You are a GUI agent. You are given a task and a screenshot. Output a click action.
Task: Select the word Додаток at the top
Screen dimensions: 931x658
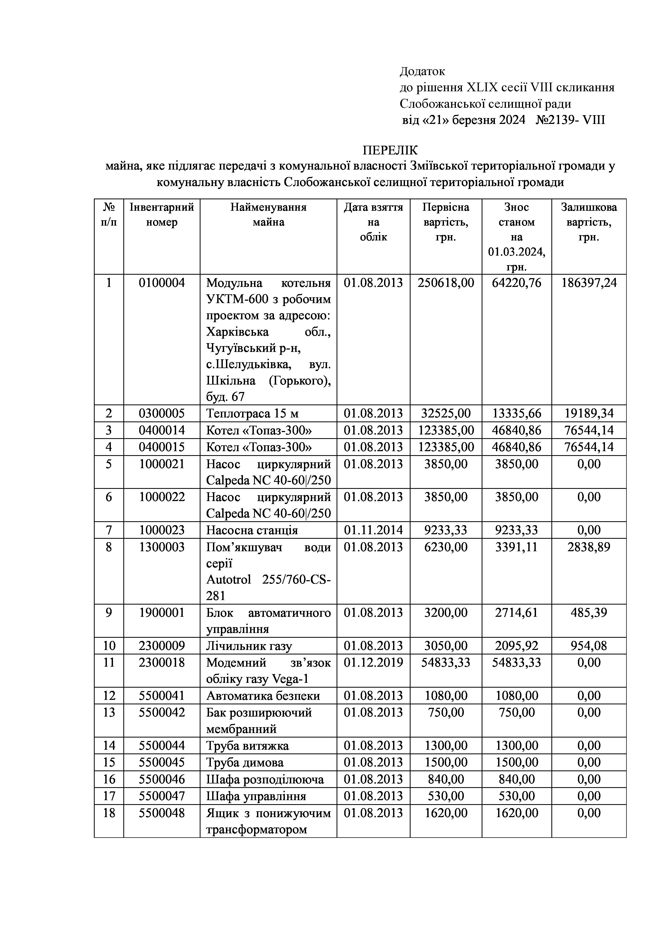pos(422,71)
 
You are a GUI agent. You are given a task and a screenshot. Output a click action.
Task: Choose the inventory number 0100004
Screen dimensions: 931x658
pos(162,283)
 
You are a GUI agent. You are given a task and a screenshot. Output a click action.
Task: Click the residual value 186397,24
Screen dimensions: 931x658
pos(589,283)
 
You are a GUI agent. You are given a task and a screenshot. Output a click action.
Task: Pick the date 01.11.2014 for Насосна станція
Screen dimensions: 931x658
pos(373,530)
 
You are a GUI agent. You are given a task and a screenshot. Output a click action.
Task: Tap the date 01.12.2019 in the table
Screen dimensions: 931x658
pos(373,663)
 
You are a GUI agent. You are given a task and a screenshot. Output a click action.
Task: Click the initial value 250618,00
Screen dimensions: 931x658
pos(446,283)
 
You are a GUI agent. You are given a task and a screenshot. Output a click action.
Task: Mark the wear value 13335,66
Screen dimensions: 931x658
pos(517,413)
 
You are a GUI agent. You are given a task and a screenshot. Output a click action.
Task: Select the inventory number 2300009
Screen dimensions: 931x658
pos(162,646)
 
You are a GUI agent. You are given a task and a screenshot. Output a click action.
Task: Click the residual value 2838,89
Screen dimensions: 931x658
pos(589,547)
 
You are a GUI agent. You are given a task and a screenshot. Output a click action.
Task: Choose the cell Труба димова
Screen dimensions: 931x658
pos(245,762)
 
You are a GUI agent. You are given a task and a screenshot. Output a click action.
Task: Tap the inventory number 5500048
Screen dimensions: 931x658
pos(162,813)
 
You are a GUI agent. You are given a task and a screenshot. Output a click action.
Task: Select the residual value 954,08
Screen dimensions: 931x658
pos(589,646)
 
